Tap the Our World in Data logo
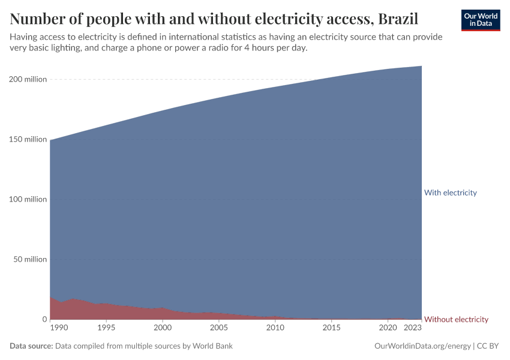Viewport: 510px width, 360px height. pos(480,20)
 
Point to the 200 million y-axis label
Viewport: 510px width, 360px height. pos(27,79)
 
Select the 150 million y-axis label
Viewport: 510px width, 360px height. pos(27,139)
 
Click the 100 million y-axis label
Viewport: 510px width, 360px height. pos(27,199)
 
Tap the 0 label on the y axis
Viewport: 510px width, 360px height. pos(44,319)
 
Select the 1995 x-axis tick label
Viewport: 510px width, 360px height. pos(106,328)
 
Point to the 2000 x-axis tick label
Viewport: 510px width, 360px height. pos(163,328)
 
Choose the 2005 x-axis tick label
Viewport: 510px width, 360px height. pos(219,328)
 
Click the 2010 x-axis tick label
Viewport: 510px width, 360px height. pos(275,328)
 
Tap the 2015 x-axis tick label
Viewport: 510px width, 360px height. pos(332,328)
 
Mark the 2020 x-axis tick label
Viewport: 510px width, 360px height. pos(388,328)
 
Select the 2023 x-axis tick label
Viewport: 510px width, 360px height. pos(413,328)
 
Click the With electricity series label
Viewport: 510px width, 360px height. pos(450,193)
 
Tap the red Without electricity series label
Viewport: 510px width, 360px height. pos(456,319)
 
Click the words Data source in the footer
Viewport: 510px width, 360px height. pos(31,346)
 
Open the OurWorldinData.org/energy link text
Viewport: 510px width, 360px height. pos(422,346)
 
